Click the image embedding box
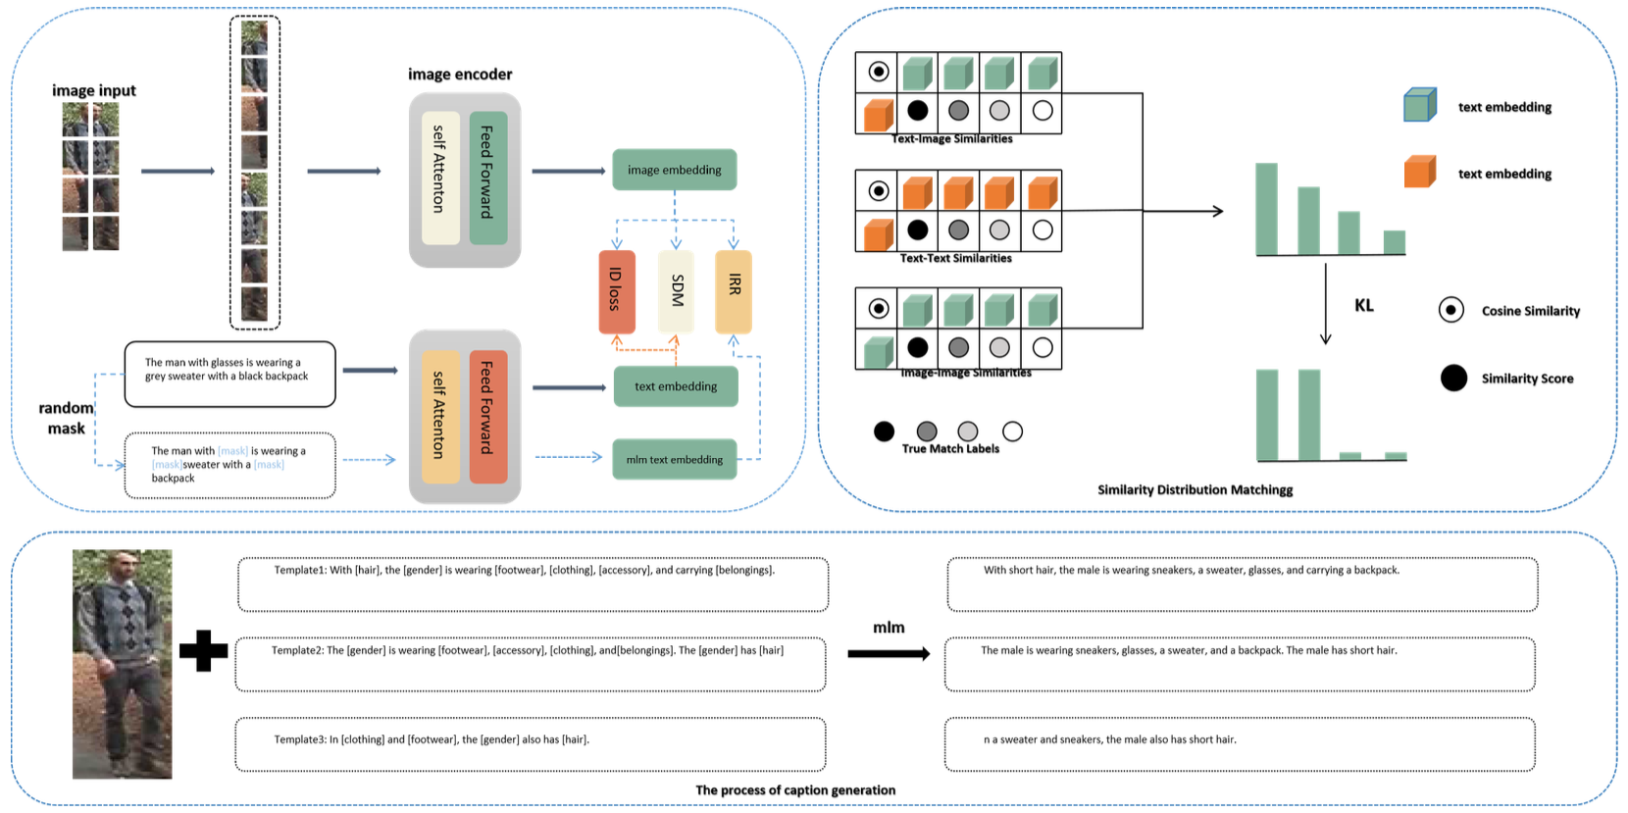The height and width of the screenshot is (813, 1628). (674, 170)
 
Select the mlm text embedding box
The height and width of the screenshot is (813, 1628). (674, 459)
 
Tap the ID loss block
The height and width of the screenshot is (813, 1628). (616, 291)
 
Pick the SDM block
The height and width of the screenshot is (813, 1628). (676, 291)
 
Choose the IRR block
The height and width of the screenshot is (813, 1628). (734, 291)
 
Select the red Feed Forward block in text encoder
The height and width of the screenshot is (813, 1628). (487, 416)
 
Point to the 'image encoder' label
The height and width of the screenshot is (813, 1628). (460, 75)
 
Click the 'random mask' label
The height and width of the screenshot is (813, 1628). (66, 418)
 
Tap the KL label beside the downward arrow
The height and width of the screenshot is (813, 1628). (1363, 306)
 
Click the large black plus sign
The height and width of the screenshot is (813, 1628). (204, 650)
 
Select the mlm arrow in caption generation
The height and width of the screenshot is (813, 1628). (888, 653)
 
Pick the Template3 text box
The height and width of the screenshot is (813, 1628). (530, 744)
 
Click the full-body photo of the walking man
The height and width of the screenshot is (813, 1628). (122, 664)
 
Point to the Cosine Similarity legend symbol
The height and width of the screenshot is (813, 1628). (1450, 310)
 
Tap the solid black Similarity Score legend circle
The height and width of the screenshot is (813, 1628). (1453, 378)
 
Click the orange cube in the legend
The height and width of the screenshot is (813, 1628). (1419, 172)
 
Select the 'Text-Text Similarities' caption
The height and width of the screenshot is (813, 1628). (955, 258)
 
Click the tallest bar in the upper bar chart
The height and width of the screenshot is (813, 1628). (1266, 209)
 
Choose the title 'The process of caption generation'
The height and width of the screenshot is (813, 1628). (794, 790)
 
